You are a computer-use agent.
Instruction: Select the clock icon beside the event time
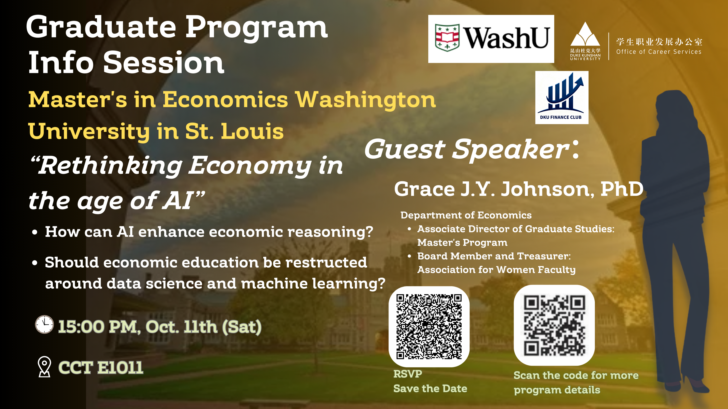click(x=44, y=324)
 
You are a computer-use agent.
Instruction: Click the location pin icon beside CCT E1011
click(x=44, y=367)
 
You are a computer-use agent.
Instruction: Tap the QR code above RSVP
click(x=429, y=326)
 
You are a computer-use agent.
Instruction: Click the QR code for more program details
click(x=554, y=325)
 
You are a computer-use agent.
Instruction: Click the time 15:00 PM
click(x=99, y=327)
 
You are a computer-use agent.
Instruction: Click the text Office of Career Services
click(x=659, y=52)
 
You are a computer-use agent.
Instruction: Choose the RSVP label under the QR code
click(x=407, y=374)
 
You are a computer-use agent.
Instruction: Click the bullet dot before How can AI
click(x=35, y=232)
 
